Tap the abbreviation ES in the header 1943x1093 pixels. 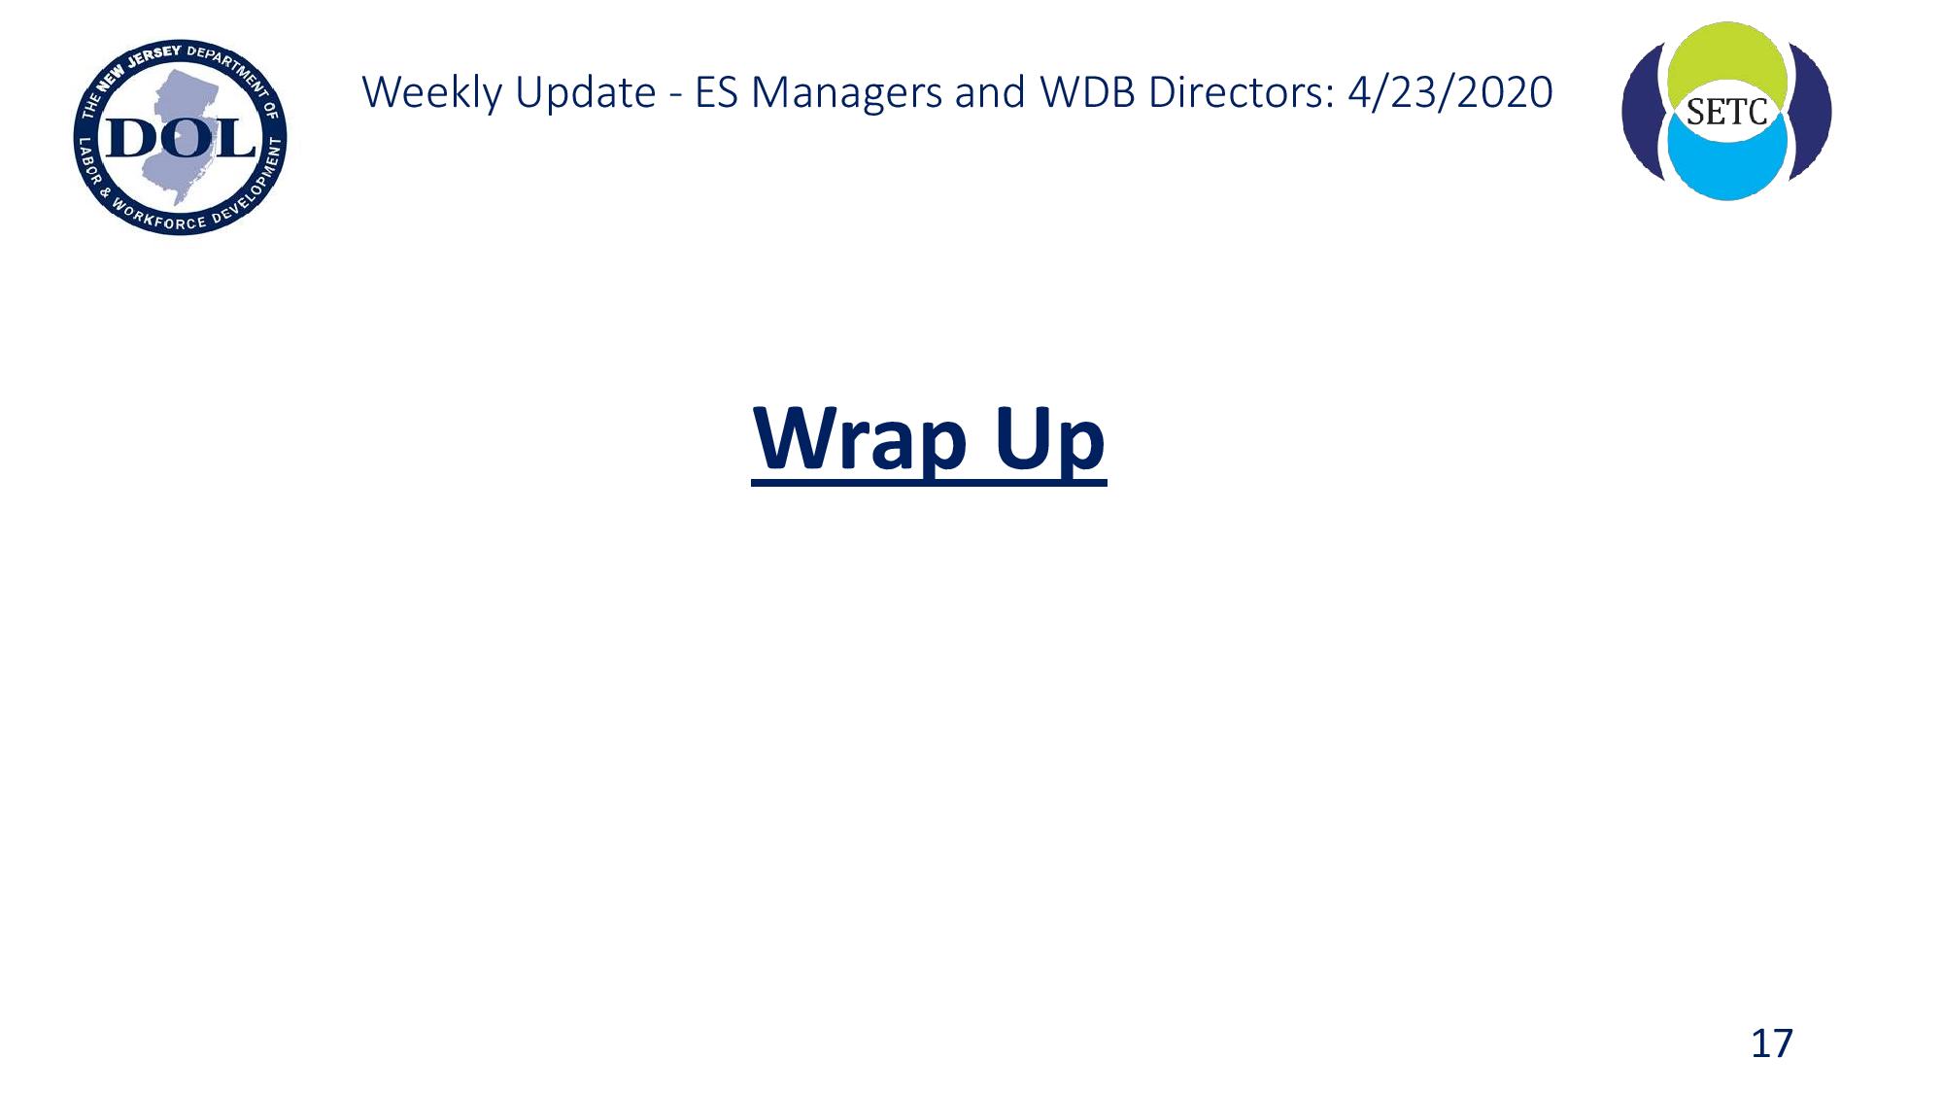(x=717, y=92)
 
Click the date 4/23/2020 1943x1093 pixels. (x=1450, y=92)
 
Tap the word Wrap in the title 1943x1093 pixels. (x=861, y=440)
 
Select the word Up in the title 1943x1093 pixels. (x=1050, y=440)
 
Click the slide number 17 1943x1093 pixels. (x=1771, y=1043)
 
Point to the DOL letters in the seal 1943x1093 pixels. (x=181, y=138)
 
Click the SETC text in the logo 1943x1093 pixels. (x=1726, y=113)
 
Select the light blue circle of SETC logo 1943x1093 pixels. (x=1726, y=165)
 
